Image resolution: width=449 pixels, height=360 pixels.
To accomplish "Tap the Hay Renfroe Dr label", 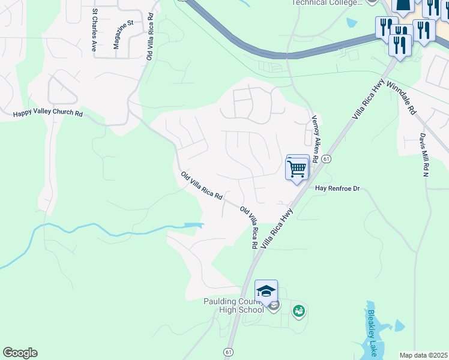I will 337,188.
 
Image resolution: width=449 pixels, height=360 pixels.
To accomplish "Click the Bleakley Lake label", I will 372,333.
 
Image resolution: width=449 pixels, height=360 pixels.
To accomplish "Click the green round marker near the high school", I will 298,311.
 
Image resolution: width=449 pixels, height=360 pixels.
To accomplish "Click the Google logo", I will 20,353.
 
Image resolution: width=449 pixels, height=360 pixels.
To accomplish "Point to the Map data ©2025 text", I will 423,355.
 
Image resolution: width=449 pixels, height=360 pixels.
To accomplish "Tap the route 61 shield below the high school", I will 229,352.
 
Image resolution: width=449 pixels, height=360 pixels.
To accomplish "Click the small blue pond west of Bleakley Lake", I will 399,326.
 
